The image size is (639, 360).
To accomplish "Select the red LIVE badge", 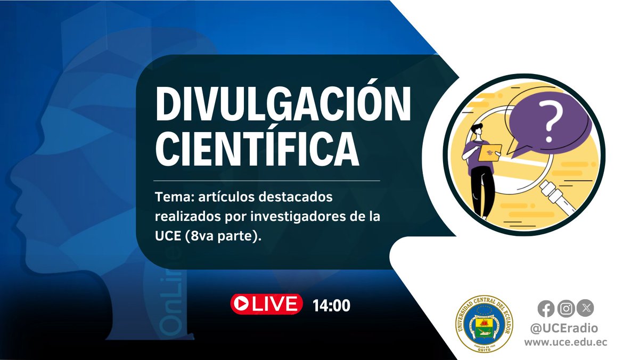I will pos(266,304).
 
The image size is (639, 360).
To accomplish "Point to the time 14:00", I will pos(331,306).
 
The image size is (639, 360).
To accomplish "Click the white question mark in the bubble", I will pos(549,120).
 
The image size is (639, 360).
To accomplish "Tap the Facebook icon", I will pos(546,308).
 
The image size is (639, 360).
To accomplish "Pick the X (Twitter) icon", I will pos(586,308).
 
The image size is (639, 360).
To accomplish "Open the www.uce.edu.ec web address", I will pos(566,343).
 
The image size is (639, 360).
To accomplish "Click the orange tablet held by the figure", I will pos(488,152).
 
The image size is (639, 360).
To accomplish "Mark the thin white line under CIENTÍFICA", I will pos(266,181).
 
